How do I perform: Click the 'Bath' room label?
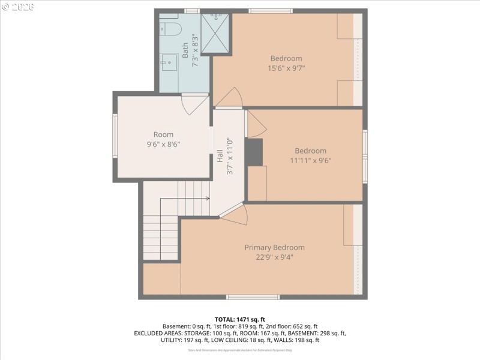coord(185,46)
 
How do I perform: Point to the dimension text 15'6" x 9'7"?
coord(286,68)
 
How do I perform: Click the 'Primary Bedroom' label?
coord(274,247)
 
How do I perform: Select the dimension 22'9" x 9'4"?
coord(274,257)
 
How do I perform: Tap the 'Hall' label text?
coord(220,157)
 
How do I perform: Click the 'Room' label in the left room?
coord(163,134)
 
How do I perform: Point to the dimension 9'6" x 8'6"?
coord(163,144)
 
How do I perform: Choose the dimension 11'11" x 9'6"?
coord(310,160)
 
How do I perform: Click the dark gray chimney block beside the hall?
coord(254,152)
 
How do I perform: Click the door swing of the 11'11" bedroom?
coord(255,124)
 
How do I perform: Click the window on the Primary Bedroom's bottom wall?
coord(253,296)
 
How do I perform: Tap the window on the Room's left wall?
coord(115,136)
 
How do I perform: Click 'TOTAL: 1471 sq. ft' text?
coord(240,319)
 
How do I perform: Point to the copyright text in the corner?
coord(19,7)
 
